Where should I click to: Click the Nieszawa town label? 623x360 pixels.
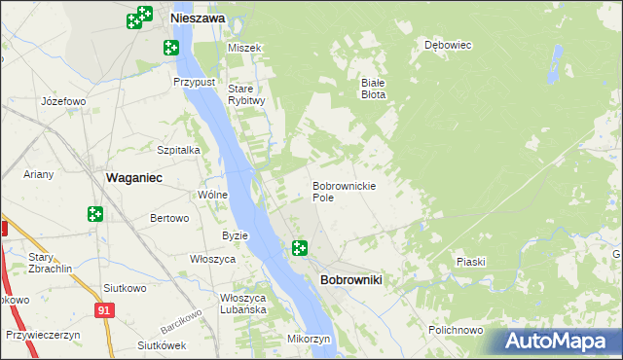[198, 18]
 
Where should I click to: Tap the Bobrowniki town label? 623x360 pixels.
[350, 280]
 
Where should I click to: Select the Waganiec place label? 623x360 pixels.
[132, 178]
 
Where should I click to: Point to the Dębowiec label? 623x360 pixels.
[448, 45]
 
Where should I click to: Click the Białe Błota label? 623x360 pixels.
[375, 89]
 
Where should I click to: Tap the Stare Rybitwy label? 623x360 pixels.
[246, 94]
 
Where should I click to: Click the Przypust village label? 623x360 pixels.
[194, 83]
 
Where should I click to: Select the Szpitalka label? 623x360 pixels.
[179, 150]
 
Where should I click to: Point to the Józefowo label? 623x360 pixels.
[64, 101]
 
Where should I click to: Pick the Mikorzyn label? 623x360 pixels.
[311, 339]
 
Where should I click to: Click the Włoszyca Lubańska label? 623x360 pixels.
[243, 304]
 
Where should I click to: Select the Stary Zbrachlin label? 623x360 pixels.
[45, 263]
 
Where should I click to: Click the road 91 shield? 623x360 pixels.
[103, 309]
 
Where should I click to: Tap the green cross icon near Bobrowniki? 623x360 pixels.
[300, 249]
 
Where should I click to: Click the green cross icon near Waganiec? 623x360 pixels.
[95, 213]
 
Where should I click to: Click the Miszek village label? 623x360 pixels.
[244, 48]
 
